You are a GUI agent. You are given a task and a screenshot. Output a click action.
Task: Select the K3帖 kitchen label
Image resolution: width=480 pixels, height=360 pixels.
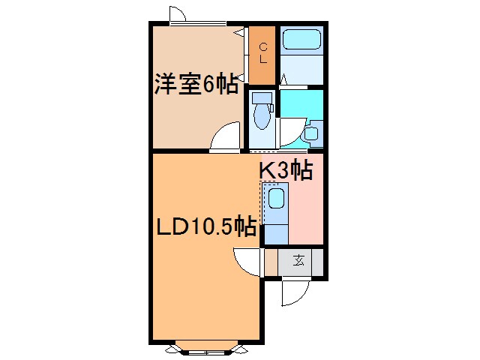pyautogui.click(x=286, y=171)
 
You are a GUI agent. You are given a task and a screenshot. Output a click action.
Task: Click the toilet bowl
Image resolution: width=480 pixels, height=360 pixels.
pyautogui.click(x=262, y=117)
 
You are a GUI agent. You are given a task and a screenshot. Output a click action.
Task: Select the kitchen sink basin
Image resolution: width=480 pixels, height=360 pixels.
pyautogui.click(x=276, y=199)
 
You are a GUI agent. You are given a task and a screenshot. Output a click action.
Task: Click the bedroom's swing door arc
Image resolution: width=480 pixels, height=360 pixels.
pyautogui.click(x=223, y=138)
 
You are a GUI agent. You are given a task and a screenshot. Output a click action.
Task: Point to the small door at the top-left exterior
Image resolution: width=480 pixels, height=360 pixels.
pyautogui.click(x=178, y=13)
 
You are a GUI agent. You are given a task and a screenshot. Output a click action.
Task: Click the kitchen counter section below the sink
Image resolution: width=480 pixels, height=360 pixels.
pyautogui.click(x=276, y=229)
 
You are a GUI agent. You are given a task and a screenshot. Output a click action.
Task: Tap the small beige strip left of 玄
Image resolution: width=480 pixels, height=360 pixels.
pyautogui.click(x=271, y=262)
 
